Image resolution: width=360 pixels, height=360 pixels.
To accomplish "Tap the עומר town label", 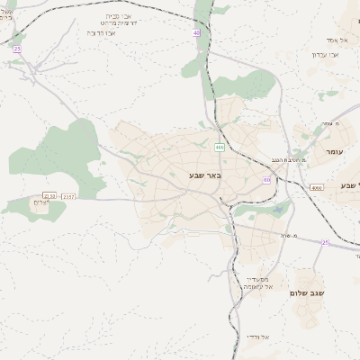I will coord(332,152).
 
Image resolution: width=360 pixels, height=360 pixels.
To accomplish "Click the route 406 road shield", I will coord(220,147).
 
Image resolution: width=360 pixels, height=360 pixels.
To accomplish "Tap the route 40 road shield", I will coord(197,33).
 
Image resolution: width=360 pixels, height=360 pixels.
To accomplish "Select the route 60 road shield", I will coord(267,180).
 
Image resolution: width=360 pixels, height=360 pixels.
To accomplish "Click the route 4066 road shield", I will coord(316,187).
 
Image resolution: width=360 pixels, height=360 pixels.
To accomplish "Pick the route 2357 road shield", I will coord(69,195).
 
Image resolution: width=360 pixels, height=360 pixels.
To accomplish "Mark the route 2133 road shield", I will coord(49,195).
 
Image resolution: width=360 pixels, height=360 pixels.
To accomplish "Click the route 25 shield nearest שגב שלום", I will coord(325,241).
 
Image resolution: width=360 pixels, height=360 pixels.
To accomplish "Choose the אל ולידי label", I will coord(256,336).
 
